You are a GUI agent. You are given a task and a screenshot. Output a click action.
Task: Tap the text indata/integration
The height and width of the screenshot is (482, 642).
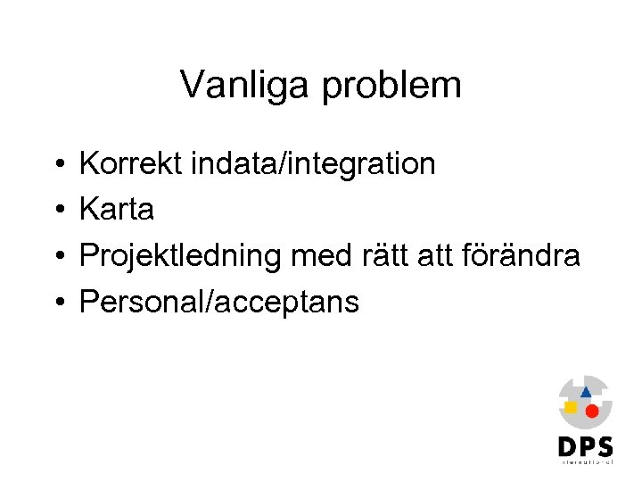coord(311,164)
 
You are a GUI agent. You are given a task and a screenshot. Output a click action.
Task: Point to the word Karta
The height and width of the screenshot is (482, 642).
coord(117,210)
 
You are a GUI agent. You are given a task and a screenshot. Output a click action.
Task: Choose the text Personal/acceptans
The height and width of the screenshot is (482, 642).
coord(219,303)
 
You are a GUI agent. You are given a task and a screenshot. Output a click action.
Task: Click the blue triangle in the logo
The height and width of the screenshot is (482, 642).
coord(586,391)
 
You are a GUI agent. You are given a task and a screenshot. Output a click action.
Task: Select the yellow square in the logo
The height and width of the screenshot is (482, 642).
coord(571,407)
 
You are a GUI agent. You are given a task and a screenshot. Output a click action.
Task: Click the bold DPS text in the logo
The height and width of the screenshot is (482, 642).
coord(586,445)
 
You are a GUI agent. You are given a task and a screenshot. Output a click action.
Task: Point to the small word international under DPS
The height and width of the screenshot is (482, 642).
coord(586,461)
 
